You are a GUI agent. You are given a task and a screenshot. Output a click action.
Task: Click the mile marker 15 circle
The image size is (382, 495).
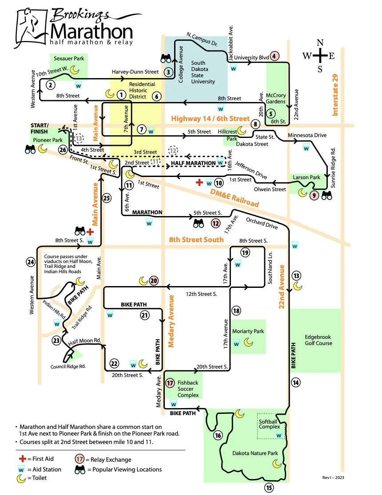pos(269,488)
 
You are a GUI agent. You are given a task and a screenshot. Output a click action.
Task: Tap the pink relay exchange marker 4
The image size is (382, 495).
pos(274,56)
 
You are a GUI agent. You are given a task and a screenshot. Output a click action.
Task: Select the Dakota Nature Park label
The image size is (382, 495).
pos(255,453)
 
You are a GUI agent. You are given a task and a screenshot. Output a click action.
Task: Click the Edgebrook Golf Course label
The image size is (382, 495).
pos(318,340)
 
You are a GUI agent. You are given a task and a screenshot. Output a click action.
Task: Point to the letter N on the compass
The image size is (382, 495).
pos(320,43)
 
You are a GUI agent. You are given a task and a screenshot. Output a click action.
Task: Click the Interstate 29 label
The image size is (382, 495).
pos(335,95)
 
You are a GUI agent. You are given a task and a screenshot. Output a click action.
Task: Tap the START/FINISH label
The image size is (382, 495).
pos(40,129)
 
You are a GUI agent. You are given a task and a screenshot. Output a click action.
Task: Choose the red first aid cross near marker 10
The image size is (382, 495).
pos(199,182)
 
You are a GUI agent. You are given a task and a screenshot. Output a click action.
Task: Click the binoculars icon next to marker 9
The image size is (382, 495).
pos(326,196)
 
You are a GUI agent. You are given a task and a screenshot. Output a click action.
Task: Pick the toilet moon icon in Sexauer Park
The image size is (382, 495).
pos(74,70)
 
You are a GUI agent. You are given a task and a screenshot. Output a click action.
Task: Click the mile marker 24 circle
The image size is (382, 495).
pos(31,262)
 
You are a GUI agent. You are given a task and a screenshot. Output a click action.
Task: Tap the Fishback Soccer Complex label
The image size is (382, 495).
pos(188,389)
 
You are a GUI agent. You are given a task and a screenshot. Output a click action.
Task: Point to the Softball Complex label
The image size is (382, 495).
pos(269,424)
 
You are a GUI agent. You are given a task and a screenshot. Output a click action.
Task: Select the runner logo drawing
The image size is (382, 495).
pos(31,28)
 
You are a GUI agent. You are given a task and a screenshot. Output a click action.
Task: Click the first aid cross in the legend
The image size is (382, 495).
pos(22,459)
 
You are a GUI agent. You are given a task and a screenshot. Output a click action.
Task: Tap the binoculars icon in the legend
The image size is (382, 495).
pos(80,470)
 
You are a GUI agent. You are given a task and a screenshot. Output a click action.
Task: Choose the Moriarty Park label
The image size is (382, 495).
pos(248,331)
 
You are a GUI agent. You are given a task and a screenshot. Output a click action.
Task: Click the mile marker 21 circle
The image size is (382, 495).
pos(144,315)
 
